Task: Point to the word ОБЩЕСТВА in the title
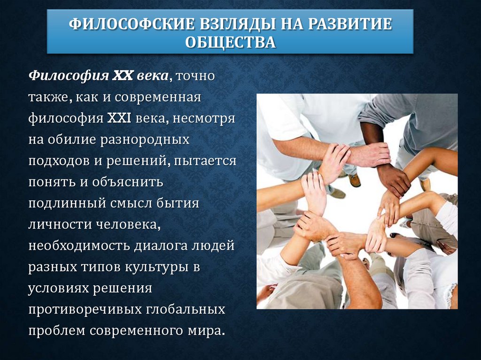[x=230, y=43]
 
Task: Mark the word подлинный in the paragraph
[x=63, y=203]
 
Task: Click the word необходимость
[x=78, y=245]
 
